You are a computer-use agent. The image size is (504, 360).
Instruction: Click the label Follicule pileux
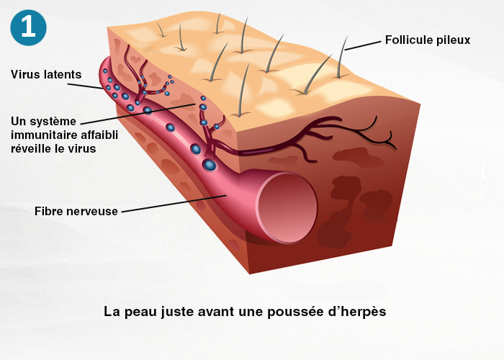tap(427, 40)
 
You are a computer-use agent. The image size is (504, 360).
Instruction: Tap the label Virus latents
tap(46, 74)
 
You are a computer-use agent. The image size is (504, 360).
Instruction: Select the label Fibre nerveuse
tap(76, 211)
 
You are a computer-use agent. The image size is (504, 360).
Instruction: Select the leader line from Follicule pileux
tap(362, 45)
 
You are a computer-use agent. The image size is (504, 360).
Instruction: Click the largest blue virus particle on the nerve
tap(209, 166)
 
